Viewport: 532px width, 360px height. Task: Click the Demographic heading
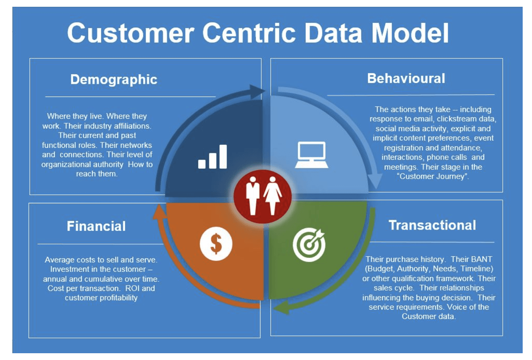tap(114, 79)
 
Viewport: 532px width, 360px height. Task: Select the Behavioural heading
tap(406, 78)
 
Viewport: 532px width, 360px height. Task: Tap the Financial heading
tap(96, 226)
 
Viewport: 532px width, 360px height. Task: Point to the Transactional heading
tap(432, 225)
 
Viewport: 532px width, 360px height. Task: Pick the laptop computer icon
tap(311, 155)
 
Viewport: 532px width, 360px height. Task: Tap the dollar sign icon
tap(216, 244)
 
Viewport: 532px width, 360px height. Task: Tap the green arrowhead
tap(282, 307)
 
